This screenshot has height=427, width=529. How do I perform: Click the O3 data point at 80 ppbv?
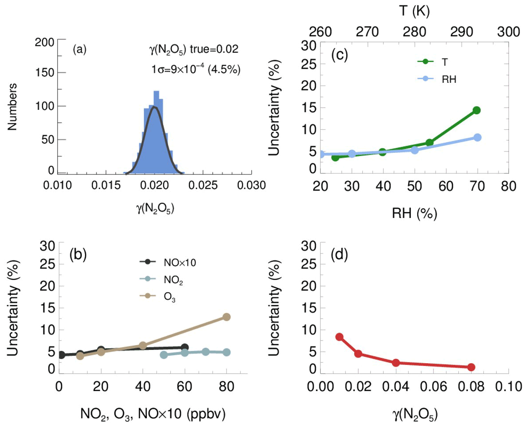click(226, 317)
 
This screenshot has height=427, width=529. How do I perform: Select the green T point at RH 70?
click(476, 110)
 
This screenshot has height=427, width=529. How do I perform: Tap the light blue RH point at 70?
click(477, 137)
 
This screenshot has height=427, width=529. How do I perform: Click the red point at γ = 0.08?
click(471, 367)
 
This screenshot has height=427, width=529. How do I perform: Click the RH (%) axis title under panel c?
click(414, 214)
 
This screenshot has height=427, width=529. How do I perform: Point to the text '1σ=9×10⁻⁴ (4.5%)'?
click(195, 69)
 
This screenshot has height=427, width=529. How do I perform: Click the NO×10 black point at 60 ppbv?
click(184, 348)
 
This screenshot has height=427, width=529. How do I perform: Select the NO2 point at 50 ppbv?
click(164, 355)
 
